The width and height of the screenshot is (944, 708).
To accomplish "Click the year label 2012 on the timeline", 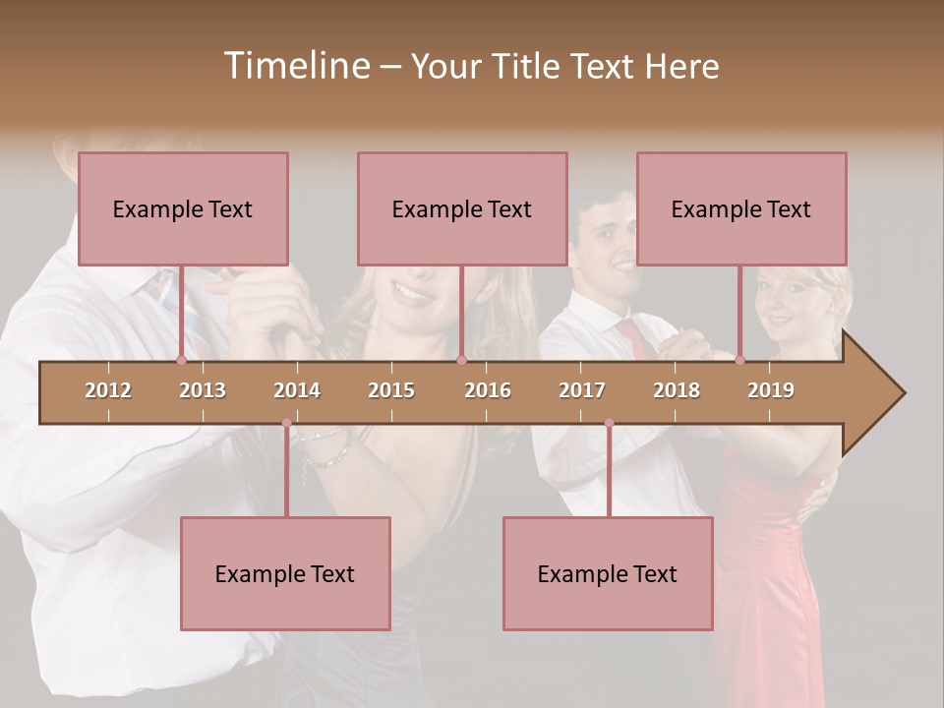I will click(x=108, y=390).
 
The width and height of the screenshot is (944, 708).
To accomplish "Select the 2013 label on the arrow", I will click(x=203, y=390).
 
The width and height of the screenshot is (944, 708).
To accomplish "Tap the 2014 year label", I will click(x=297, y=390).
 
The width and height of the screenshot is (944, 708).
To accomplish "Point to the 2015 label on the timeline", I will click(x=391, y=390).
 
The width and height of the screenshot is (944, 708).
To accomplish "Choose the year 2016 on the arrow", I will click(x=488, y=390).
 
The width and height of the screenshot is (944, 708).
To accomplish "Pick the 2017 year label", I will click(x=582, y=390).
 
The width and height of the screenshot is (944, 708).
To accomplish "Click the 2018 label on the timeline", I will click(x=677, y=390).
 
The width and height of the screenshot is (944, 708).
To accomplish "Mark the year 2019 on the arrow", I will click(x=771, y=390).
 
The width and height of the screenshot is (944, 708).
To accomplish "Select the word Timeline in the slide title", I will click(x=295, y=66).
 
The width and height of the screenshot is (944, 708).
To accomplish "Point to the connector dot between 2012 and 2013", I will click(x=181, y=361).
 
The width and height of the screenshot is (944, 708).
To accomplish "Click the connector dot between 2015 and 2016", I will click(x=461, y=361).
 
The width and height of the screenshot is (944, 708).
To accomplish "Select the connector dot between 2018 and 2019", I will click(x=739, y=361).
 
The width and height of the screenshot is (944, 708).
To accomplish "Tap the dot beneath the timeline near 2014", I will click(x=286, y=423).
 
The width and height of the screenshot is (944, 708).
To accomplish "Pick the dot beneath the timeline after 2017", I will click(x=609, y=423).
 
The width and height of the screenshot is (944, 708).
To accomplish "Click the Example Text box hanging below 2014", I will click(x=285, y=573).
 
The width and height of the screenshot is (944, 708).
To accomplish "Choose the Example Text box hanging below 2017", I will click(x=608, y=573).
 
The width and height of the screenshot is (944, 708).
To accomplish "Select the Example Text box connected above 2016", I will click(x=462, y=208).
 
